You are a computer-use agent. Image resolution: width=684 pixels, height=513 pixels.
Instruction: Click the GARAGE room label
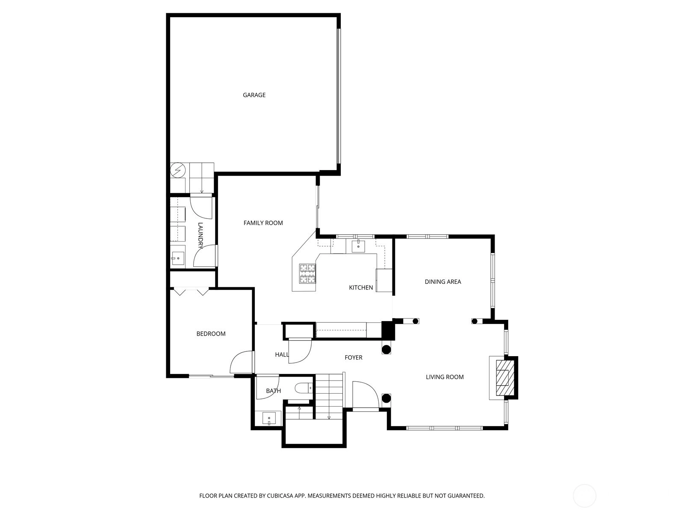254,95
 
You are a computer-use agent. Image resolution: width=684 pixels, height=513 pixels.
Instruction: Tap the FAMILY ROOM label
263,223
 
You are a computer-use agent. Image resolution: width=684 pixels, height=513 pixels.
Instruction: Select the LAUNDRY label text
200,236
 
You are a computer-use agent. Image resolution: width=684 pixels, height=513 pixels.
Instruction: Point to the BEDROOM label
211,333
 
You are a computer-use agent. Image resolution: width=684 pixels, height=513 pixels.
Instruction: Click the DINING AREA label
443,282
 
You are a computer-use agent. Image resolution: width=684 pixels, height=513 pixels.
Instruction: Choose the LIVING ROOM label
445,377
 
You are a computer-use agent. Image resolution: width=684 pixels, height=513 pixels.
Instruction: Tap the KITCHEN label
361,287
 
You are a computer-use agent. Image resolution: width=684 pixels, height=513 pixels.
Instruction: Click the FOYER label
354,357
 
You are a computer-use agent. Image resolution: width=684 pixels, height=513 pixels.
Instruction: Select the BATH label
273,391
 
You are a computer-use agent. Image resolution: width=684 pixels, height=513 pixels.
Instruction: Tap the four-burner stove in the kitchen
307,274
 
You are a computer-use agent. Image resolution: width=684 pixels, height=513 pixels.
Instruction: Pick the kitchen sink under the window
358,246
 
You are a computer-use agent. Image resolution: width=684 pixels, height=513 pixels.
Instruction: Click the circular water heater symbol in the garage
178,171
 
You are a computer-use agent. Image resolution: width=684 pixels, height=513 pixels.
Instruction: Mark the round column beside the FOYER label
386,349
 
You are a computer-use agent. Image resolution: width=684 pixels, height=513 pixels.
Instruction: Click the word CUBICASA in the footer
280,495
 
